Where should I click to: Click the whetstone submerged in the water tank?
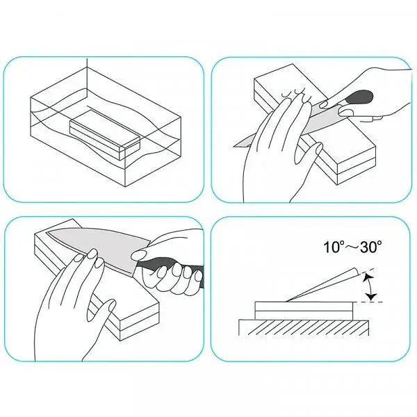pyautogui.click(x=105, y=134)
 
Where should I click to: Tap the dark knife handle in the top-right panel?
pyautogui.click(x=359, y=97)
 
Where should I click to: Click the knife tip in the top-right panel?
pyautogui.click(x=235, y=146)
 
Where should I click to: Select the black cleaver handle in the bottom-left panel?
pyautogui.click(x=170, y=268)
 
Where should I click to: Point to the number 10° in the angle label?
pyautogui.click(x=333, y=247)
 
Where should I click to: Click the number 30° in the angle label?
pyautogui.click(x=372, y=247)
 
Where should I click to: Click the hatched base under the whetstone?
pyautogui.click(x=304, y=327)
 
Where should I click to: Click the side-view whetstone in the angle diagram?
pyautogui.click(x=304, y=311)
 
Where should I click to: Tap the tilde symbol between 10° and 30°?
pyautogui.click(x=351, y=247)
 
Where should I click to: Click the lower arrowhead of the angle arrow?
pyautogui.click(x=371, y=297)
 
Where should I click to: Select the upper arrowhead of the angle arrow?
pyautogui.click(x=368, y=277)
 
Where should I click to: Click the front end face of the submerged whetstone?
pyautogui.click(x=129, y=150)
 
